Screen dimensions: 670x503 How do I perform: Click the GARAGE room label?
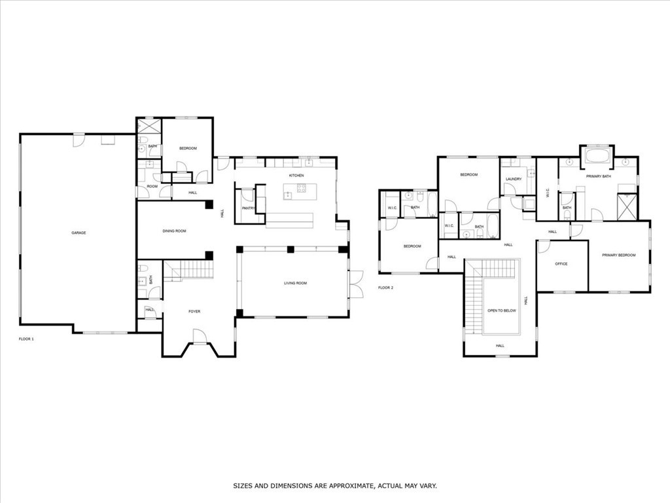point(79,233)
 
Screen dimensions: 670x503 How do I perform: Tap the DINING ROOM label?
point(174,231)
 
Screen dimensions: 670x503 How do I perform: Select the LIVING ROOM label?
point(295,283)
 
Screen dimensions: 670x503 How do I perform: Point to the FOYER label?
point(194,311)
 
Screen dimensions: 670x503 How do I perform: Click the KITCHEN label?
point(296,176)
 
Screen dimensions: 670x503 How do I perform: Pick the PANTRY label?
point(248,208)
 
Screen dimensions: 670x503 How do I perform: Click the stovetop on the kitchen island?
point(302,188)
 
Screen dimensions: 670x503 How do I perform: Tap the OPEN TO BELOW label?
point(502,310)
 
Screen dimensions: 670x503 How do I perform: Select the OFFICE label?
point(561,264)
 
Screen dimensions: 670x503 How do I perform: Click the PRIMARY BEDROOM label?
point(619,255)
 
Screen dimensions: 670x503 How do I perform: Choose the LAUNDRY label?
point(514,179)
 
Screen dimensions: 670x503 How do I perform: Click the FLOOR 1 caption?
point(26,339)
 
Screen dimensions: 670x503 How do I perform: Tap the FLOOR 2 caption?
point(385,288)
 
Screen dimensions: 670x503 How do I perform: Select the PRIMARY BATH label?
point(598,176)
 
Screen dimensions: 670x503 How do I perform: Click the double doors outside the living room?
point(355,284)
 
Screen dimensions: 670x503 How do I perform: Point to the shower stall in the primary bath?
point(627,206)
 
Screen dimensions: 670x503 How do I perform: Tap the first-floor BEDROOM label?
point(188,149)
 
